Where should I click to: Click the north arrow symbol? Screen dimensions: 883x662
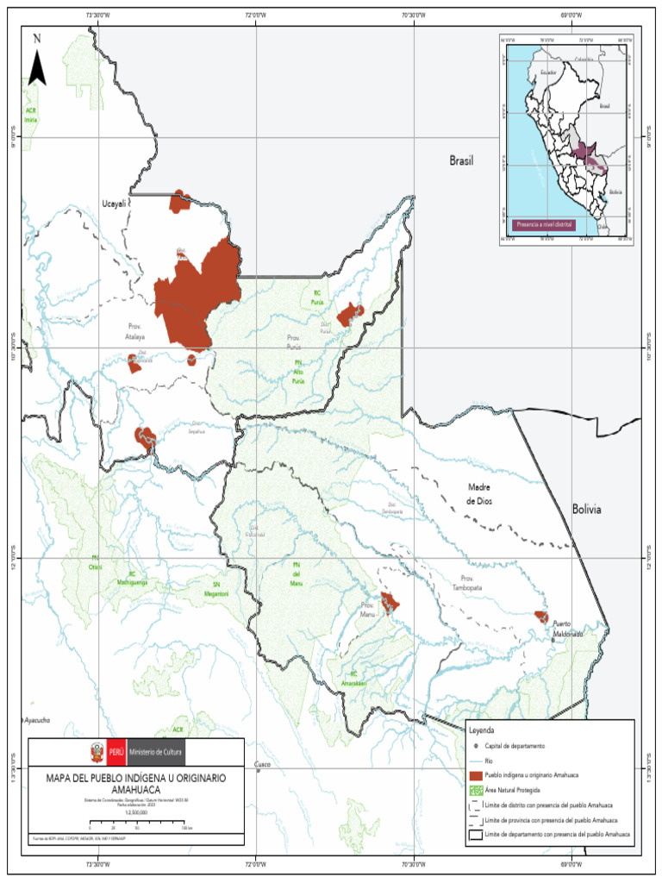click(36, 62)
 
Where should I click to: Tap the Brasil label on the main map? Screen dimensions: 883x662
click(462, 160)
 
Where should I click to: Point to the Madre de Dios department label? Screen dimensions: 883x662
click(479, 494)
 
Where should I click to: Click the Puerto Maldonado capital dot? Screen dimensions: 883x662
click(554, 640)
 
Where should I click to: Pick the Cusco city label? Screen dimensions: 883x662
click(263, 765)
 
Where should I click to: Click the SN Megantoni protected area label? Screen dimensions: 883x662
click(216, 589)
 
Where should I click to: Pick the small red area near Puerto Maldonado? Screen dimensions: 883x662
click(541, 617)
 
